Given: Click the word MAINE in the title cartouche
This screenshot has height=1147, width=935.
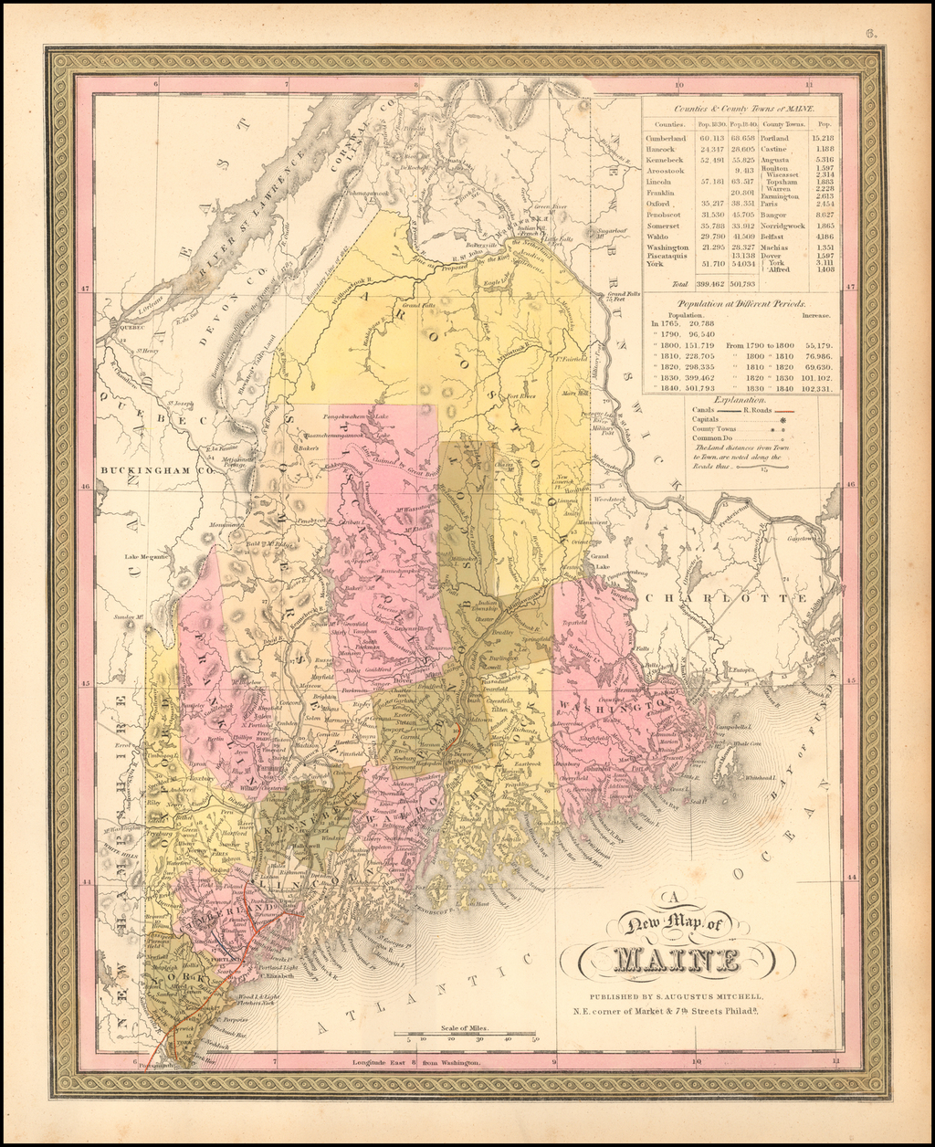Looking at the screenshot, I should tap(677, 960).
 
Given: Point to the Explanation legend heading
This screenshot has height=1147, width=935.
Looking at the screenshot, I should tap(741, 400).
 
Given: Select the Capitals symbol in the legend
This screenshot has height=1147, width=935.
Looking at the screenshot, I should tap(783, 419).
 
